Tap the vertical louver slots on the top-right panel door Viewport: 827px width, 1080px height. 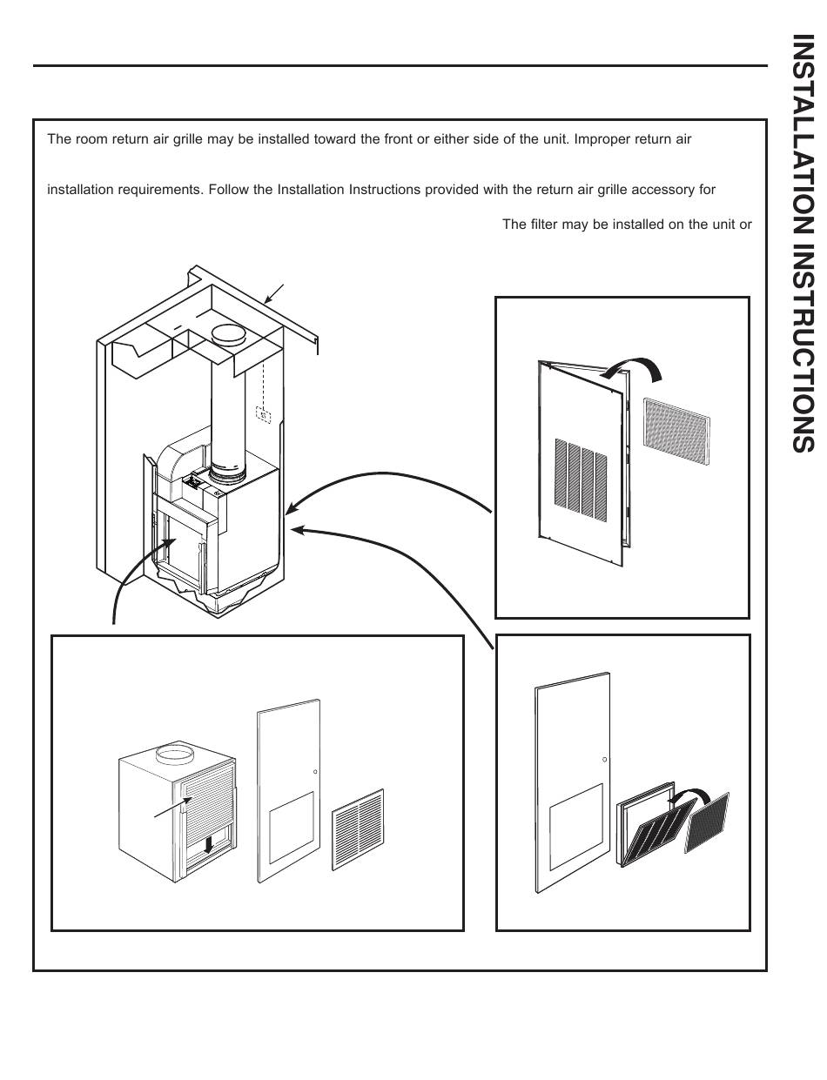(x=582, y=474)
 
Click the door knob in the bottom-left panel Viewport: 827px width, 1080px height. (x=315, y=772)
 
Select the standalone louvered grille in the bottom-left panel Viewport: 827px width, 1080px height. (x=357, y=829)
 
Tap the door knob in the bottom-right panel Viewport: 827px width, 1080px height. (x=604, y=760)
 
